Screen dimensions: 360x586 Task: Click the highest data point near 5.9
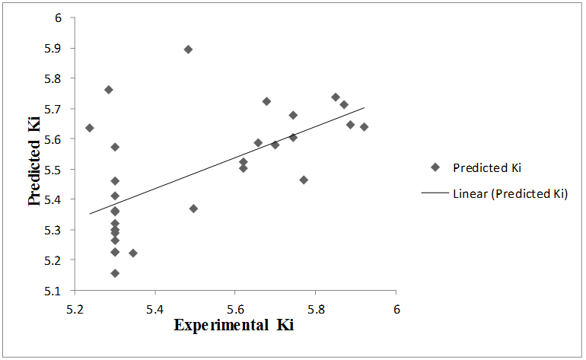(188, 49)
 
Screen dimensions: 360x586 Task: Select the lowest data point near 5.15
(115, 273)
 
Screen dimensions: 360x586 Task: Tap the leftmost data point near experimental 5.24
(90, 128)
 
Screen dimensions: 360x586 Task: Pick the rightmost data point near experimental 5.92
(364, 127)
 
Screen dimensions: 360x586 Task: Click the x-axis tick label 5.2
(75, 310)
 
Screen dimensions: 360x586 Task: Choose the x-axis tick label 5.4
(155, 310)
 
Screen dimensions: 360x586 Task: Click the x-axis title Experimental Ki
(234, 326)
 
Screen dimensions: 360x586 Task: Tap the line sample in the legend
(435, 193)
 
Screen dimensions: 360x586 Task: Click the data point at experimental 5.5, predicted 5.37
(193, 209)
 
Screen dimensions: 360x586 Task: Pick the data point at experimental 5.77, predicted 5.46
(304, 180)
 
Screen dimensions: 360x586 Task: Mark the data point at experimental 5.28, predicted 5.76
(109, 90)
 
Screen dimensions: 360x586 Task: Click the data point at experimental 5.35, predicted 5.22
(133, 253)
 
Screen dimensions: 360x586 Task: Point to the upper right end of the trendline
(365, 107)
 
